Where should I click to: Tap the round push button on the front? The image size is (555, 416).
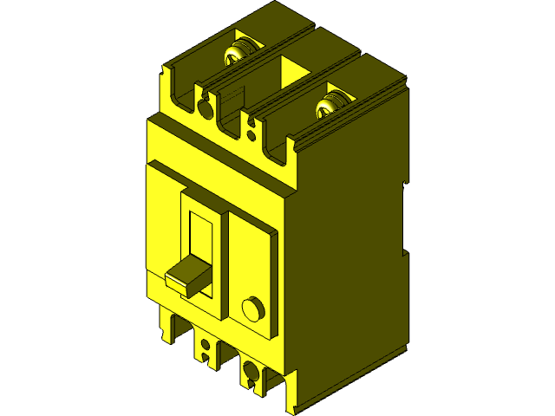[x=252, y=309]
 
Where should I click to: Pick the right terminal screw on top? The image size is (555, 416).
[x=330, y=105]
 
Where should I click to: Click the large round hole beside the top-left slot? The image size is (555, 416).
[x=205, y=107]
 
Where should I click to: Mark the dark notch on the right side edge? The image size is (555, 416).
[x=404, y=217]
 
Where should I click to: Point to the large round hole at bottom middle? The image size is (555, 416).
[x=206, y=343]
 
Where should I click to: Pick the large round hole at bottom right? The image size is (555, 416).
[x=251, y=372]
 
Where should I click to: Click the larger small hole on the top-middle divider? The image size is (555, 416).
[x=251, y=124]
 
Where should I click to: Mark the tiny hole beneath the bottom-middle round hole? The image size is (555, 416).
[x=206, y=358]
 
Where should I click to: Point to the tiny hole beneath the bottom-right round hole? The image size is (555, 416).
[x=251, y=387]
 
